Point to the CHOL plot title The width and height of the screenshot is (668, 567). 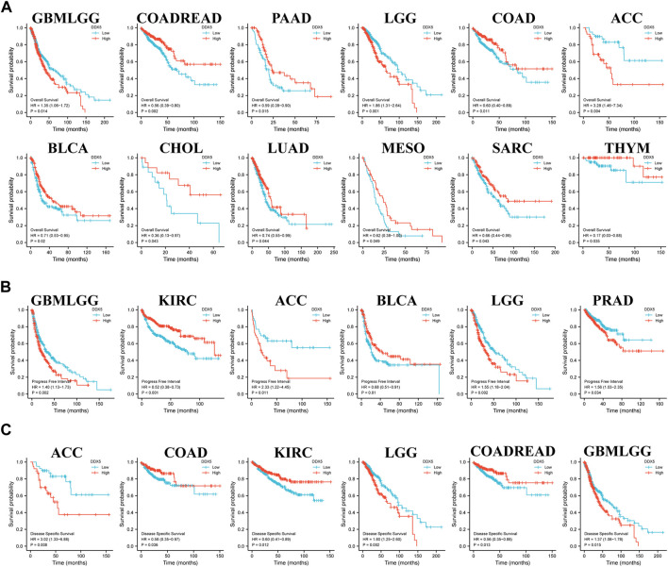[x=165, y=148]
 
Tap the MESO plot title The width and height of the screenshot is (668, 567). [x=385, y=148]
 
